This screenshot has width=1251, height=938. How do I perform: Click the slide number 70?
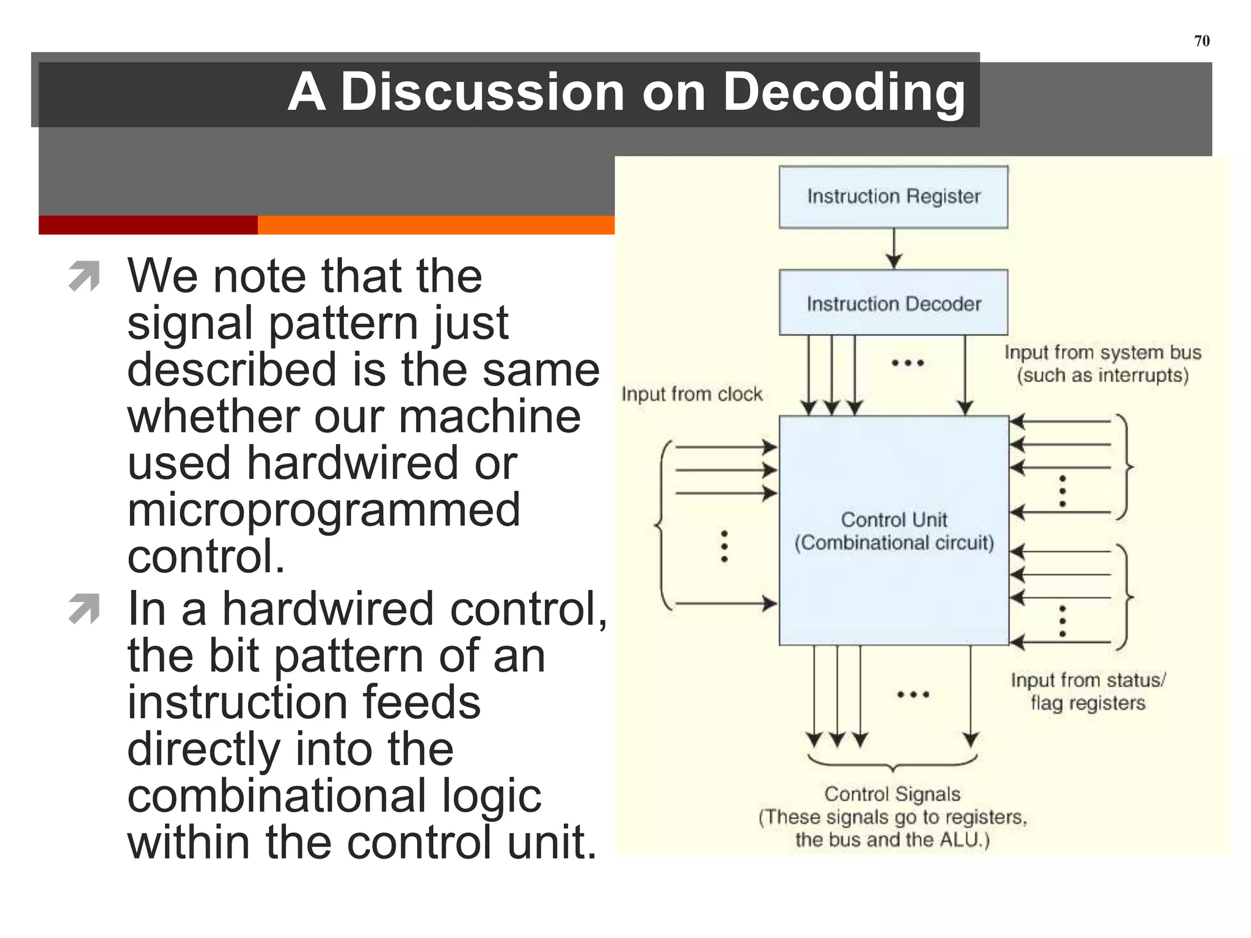point(1201,41)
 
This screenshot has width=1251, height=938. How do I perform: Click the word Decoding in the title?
point(843,93)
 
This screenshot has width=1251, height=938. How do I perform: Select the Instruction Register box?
point(893,197)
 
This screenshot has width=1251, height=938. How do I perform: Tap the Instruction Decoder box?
point(893,303)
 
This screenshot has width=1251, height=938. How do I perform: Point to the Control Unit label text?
point(894,520)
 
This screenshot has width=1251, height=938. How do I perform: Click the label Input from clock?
point(691,394)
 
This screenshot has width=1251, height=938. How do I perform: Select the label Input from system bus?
point(1103,352)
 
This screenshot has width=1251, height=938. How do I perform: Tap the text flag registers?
point(1088,703)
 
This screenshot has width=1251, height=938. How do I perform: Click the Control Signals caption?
point(892,794)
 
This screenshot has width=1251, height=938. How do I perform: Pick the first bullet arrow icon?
point(84,276)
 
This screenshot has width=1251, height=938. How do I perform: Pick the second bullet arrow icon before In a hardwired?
point(84,609)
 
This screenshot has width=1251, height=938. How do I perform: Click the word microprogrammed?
point(323,510)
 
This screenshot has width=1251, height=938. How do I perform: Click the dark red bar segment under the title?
point(148,225)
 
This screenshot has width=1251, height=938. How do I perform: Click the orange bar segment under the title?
point(436,225)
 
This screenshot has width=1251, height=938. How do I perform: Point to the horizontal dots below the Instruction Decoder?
point(908,363)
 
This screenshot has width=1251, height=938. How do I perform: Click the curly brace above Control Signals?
point(892,763)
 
